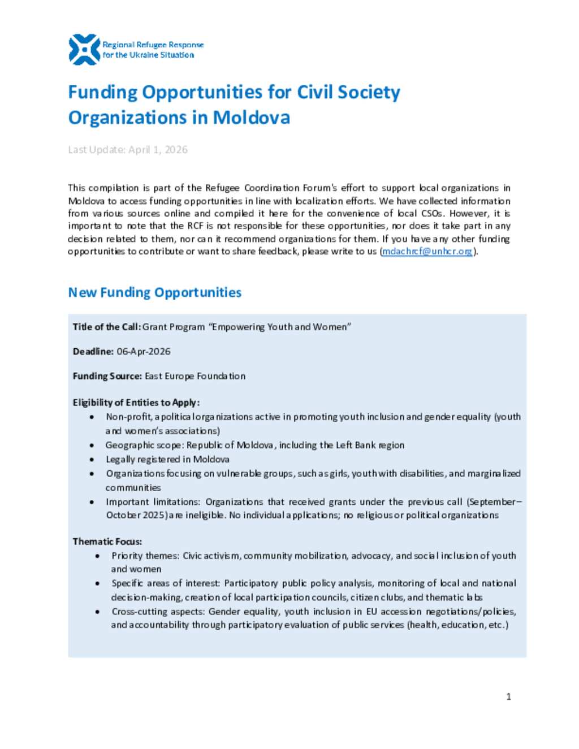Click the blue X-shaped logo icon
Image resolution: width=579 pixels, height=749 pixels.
pos(84,50)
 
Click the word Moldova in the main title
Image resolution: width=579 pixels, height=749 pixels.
pos(251,118)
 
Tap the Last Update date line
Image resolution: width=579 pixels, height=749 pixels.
pos(128,150)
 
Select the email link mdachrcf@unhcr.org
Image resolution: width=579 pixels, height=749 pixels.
pos(427,252)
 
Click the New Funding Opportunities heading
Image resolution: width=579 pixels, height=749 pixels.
pos(154,292)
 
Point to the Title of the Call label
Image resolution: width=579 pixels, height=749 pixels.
pos(106,327)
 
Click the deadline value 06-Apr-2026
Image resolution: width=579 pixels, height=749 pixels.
pos(144,352)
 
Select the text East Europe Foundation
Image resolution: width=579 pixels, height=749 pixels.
pos(195,376)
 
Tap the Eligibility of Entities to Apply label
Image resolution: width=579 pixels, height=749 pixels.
pos(136,402)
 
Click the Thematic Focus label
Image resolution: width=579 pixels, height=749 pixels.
pos(107,542)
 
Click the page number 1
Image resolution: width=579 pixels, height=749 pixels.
pos(508,696)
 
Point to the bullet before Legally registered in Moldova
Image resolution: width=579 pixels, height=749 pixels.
pos(92,460)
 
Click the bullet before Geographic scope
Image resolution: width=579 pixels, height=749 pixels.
pos(92,445)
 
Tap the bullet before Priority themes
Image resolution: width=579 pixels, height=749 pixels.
pos(97,556)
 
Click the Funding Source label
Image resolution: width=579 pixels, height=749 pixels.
pos(107,376)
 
